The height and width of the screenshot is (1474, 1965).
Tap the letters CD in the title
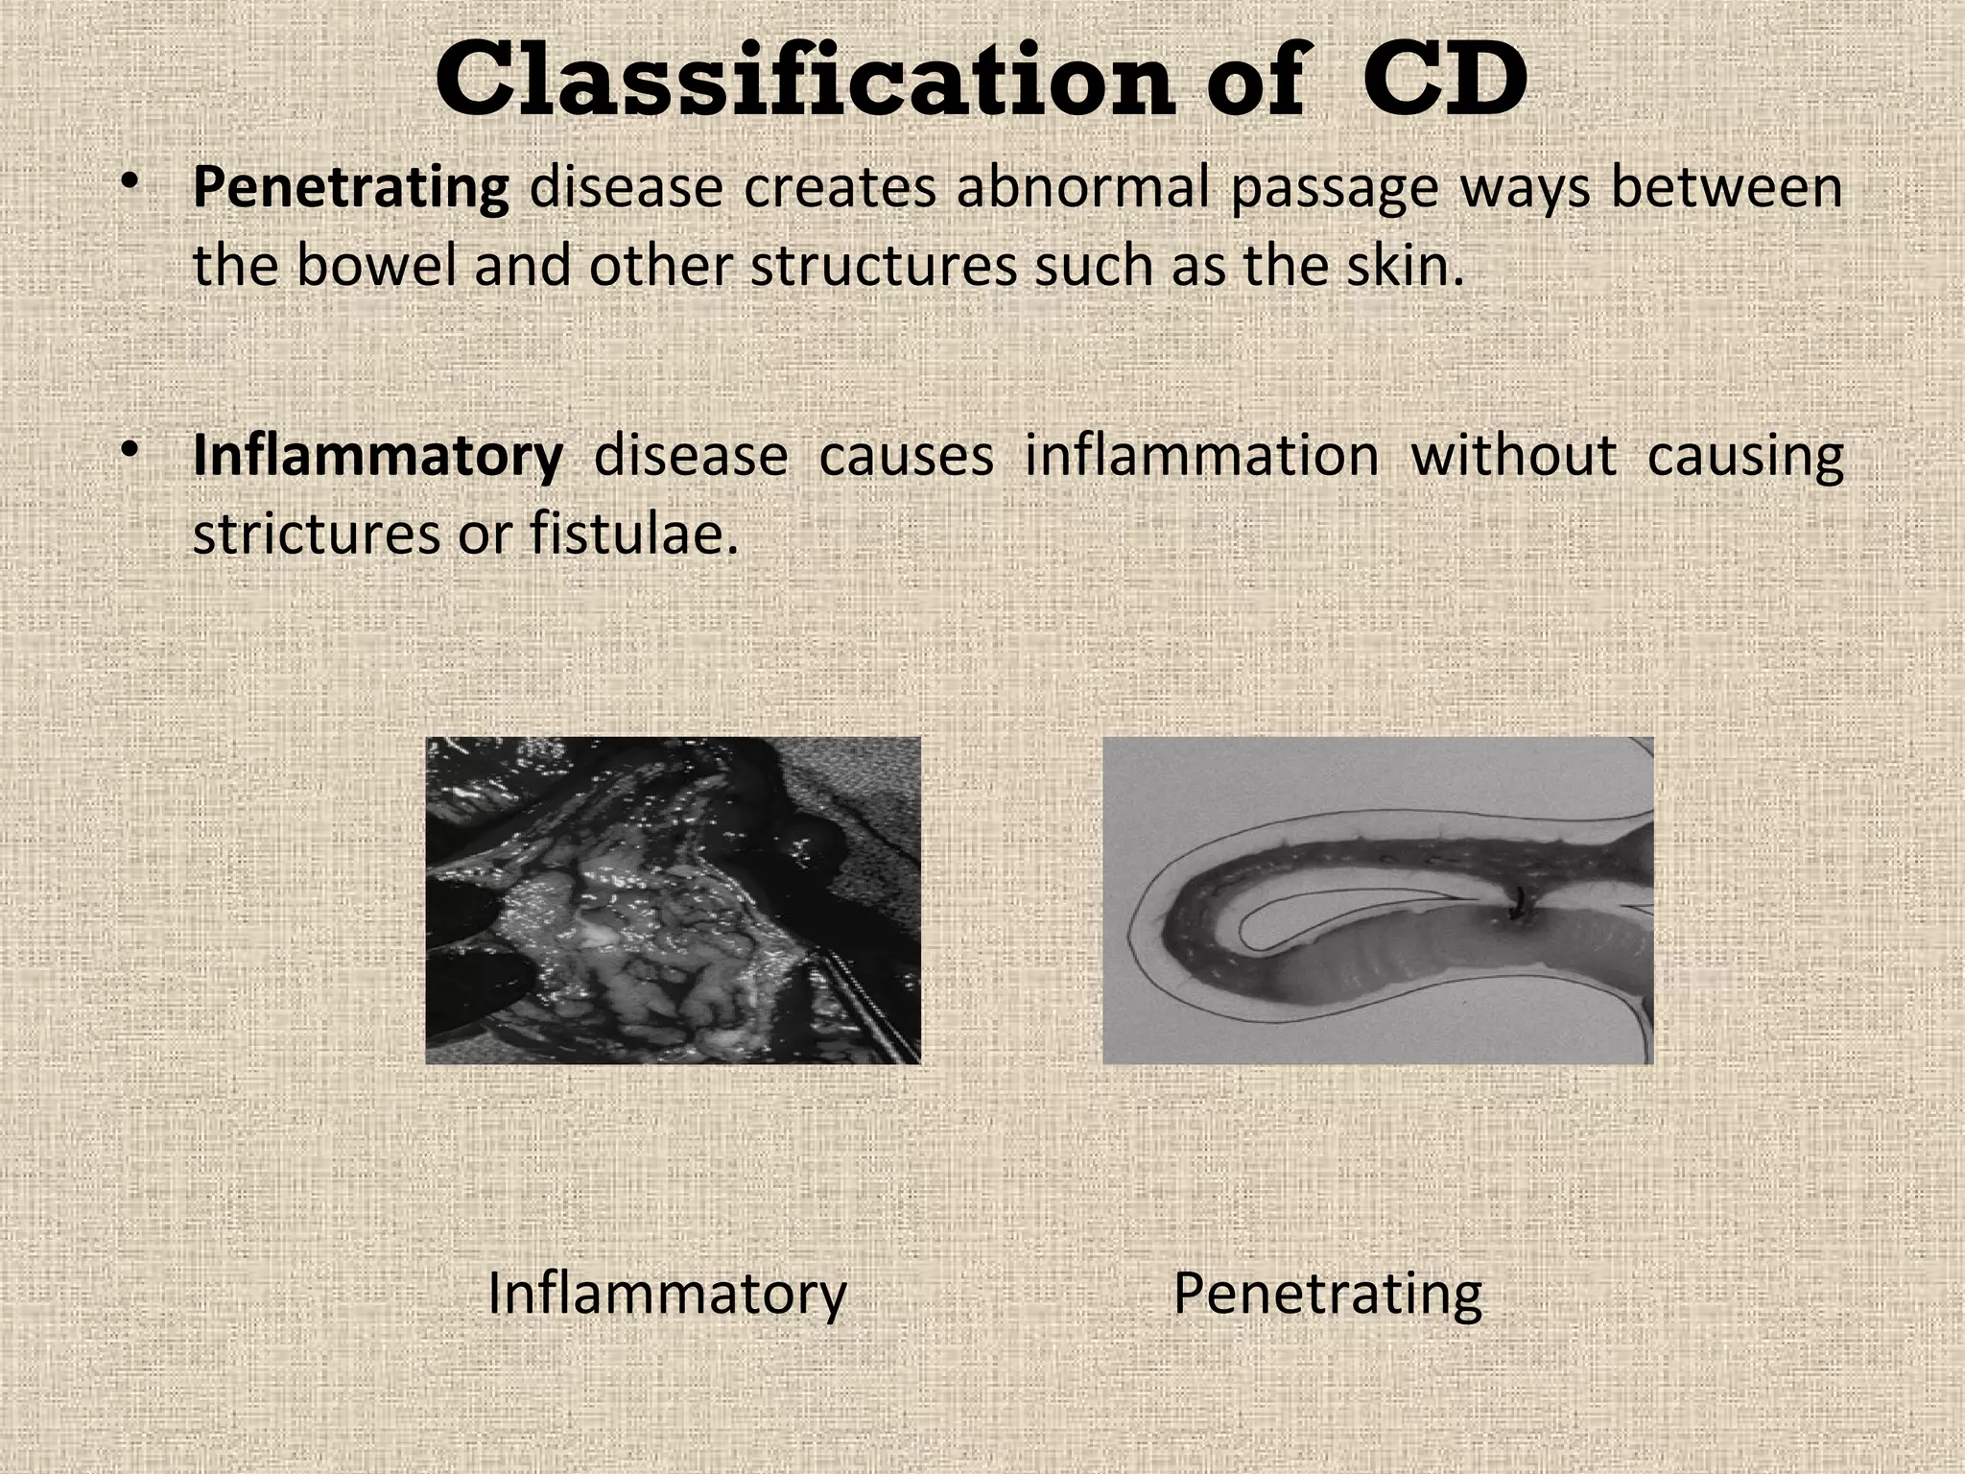[x=1443, y=81]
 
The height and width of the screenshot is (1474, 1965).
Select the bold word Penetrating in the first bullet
[x=350, y=188]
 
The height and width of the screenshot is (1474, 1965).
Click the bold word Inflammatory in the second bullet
[x=378, y=456]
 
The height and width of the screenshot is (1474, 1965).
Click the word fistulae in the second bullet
[x=633, y=534]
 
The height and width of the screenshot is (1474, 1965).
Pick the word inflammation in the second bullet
[x=1201, y=456]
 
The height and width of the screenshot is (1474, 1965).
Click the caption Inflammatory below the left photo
[x=667, y=1294]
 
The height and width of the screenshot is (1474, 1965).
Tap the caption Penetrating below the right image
[x=1327, y=1294]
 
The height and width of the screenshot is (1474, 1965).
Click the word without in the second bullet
[x=1513, y=456]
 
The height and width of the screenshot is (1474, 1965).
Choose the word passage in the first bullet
[x=1334, y=188]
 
